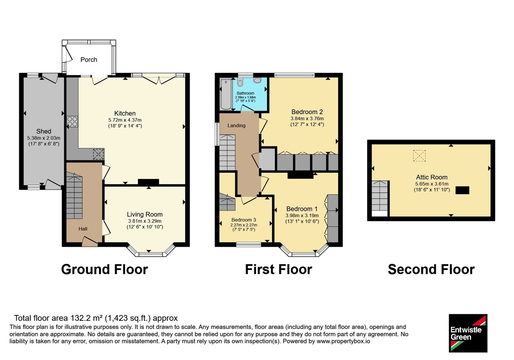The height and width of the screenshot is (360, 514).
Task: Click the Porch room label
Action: click(x=89, y=60)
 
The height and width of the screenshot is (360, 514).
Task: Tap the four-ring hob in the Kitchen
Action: click(x=72, y=122)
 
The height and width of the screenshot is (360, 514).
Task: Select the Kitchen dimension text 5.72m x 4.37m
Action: click(x=125, y=120)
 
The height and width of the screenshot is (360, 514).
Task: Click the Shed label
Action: click(x=44, y=131)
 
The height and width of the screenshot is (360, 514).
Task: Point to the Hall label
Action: click(x=83, y=229)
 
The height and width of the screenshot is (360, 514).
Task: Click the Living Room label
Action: click(x=145, y=214)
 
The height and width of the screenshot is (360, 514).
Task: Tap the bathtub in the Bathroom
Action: click(x=226, y=94)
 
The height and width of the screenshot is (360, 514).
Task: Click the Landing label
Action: click(x=236, y=126)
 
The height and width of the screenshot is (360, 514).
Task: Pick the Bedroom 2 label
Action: click(x=307, y=112)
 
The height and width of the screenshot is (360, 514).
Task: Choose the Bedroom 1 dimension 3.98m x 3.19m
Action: click(x=302, y=216)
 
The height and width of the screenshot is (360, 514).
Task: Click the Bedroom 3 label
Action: click(x=244, y=220)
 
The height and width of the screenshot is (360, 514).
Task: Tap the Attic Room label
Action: click(x=432, y=177)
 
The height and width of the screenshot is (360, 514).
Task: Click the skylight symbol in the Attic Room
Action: click(x=419, y=156)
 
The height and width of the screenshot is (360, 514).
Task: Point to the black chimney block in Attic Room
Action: click(x=462, y=190)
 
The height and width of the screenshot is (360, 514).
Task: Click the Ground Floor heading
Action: click(x=105, y=269)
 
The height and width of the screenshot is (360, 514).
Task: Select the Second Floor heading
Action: click(x=431, y=269)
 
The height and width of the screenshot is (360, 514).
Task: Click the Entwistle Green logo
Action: click(x=468, y=333)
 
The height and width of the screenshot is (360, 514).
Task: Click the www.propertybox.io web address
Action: click(x=343, y=341)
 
